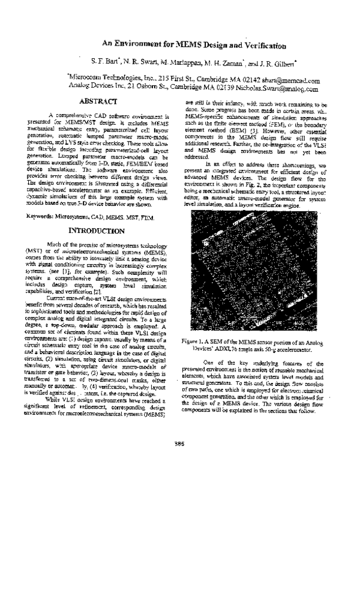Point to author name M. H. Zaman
tap(219, 62)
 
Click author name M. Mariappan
tap(178, 62)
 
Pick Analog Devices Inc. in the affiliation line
tap(94, 88)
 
